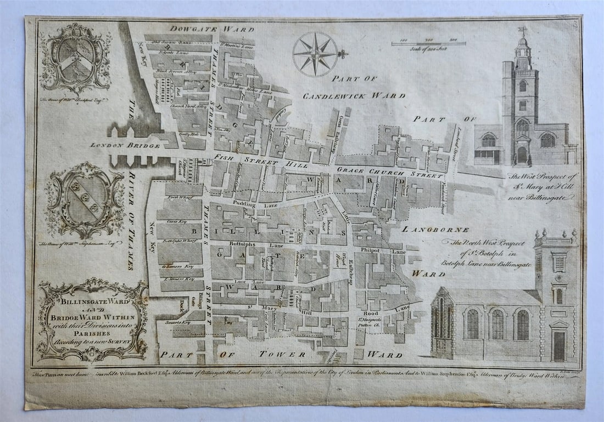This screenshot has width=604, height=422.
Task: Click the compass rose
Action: coord(315,54)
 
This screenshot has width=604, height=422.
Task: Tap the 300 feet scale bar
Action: coord(429,43)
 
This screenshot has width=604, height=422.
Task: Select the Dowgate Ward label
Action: coord(211,28)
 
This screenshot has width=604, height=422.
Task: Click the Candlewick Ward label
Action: coord(355,95)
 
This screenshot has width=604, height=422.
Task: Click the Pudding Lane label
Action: coord(245,204)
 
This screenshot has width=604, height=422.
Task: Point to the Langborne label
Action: coord(443,230)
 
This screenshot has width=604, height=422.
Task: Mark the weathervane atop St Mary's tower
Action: coord(522,31)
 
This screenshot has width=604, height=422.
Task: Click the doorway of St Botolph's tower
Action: coord(559,345)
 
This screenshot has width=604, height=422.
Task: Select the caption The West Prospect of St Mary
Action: coord(543,186)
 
